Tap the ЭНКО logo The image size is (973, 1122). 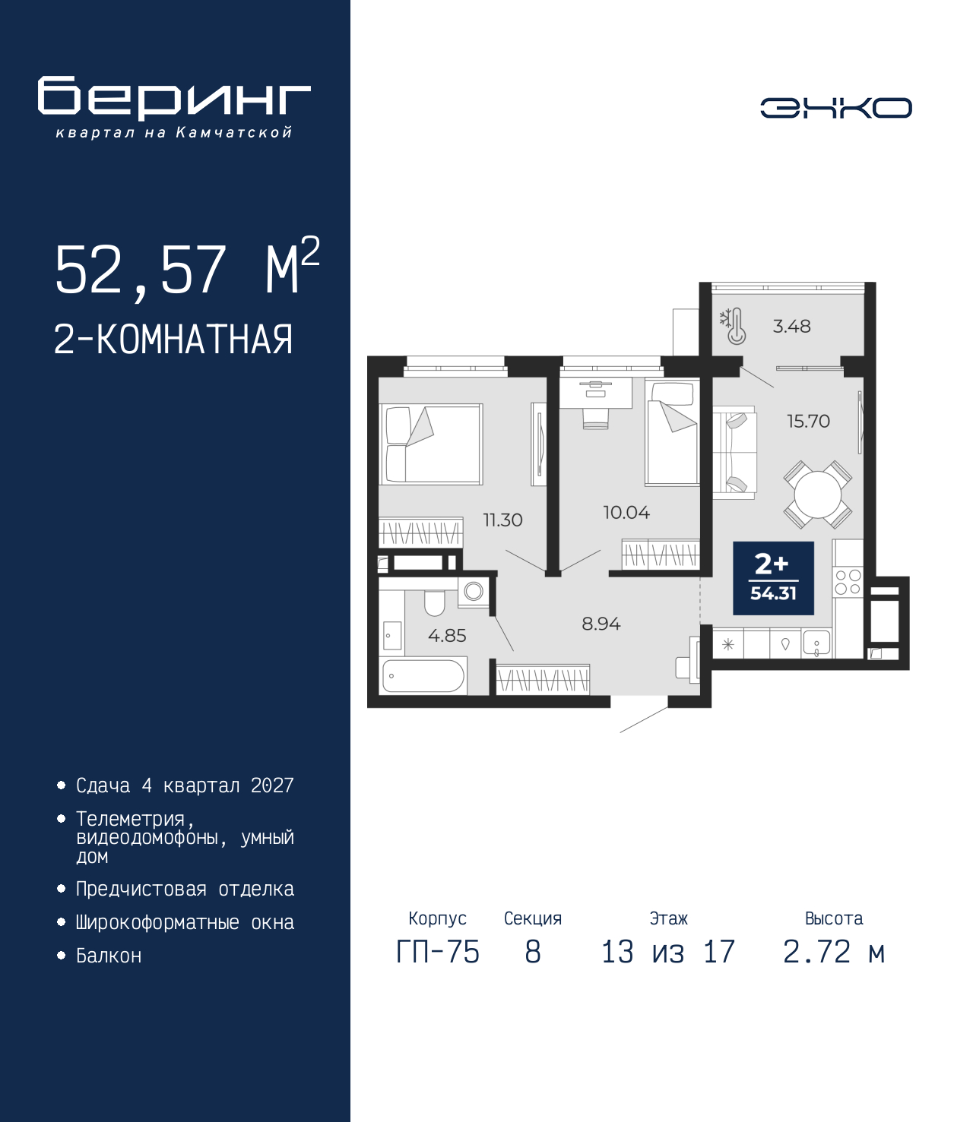[835, 108]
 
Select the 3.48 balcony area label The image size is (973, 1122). [791, 326]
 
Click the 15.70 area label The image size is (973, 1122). [808, 421]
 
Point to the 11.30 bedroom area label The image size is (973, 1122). [503, 520]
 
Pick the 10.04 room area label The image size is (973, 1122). [626, 513]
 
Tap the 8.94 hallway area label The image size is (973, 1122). [601, 624]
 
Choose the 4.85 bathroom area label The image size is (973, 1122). [447, 635]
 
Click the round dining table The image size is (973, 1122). [817, 495]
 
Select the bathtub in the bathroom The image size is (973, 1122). [423, 676]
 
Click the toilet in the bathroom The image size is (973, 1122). [435, 603]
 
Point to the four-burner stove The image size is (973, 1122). [848, 582]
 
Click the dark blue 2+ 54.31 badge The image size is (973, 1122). [773, 578]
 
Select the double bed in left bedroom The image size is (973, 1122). [431, 444]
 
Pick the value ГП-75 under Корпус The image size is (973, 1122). [438, 952]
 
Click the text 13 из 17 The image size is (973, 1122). [668, 952]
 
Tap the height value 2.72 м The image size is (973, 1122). [834, 952]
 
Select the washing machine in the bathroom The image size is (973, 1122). [473, 591]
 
